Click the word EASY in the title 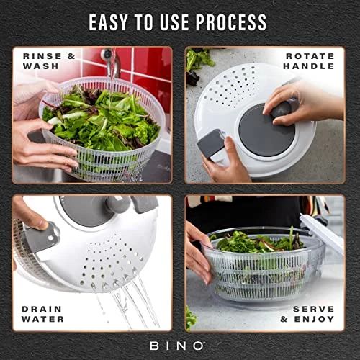point(108,22)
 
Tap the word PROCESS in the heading point(231,22)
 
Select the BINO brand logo point(177,346)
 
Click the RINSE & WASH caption point(49,61)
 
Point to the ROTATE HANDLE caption point(309,61)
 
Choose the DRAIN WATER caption point(42,314)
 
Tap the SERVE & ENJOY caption point(307,314)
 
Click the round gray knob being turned point(282,109)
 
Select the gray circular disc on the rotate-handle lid point(266,130)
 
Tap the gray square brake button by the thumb point(211,143)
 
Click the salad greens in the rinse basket point(101,117)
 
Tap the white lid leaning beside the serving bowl point(323,235)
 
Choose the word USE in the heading point(174,22)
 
